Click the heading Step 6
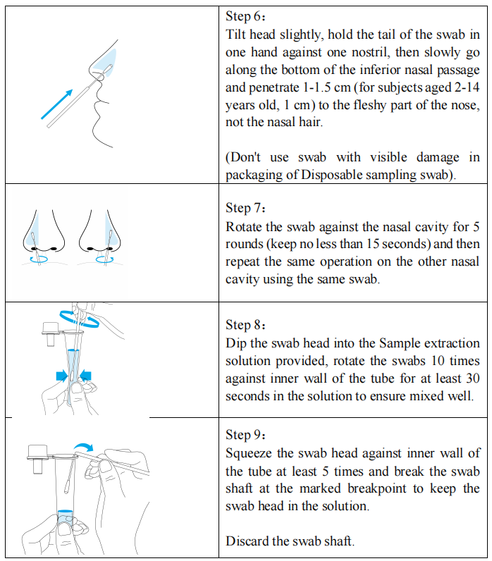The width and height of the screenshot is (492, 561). [x=245, y=16]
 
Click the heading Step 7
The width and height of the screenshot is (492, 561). [x=245, y=208]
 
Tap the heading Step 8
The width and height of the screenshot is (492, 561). [x=245, y=325]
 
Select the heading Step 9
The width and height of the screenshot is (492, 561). [x=245, y=435]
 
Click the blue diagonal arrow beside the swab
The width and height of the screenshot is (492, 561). [x=57, y=104]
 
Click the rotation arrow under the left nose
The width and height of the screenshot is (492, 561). [x=39, y=259]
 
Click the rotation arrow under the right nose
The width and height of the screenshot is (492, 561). [x=105, y=259]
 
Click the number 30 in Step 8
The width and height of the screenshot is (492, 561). [x=472, y=378]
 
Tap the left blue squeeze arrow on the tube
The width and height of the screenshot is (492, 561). [x=62, y=376]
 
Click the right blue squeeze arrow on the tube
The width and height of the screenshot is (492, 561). [x=85, y=376]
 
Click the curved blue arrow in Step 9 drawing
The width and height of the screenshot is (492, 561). [x=83, y=447]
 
